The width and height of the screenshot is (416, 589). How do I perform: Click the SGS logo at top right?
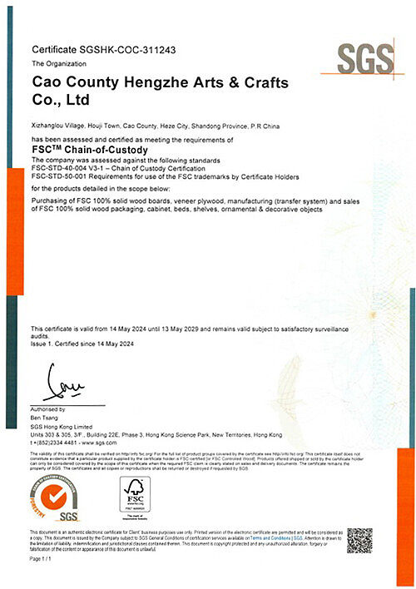coord(364,57)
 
